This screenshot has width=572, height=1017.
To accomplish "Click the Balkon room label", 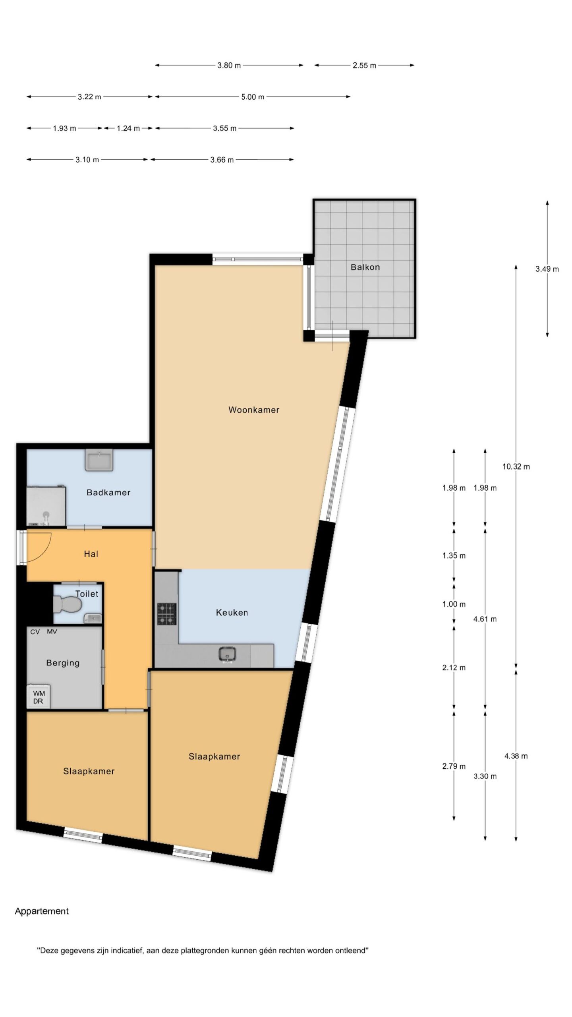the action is [365, 267].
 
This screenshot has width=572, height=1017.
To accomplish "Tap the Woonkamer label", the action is [254, 410].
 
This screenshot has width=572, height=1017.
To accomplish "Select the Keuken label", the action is [232, 613].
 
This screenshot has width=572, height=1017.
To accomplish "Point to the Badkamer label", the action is [108, 493].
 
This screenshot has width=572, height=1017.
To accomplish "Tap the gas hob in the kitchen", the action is [167, 614].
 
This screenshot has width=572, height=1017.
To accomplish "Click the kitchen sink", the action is [227, 654].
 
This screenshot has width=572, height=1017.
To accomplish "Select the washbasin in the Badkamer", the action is [99, 460].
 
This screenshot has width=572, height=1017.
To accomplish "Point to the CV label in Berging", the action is [35, 632].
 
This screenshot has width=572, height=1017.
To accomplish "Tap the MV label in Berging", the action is [52, 632].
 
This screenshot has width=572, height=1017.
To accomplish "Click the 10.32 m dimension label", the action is [516, 467].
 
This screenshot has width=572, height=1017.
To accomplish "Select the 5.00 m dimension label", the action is [253, 97].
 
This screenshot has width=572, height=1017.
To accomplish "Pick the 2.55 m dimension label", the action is [364, 66].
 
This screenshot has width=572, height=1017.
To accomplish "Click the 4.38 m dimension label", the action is [516, 756].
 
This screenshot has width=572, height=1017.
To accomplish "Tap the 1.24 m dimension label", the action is [128, 128].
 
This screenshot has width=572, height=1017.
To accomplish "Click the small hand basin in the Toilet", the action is [93, 618].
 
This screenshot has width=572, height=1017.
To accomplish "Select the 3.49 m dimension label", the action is [547, 269].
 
